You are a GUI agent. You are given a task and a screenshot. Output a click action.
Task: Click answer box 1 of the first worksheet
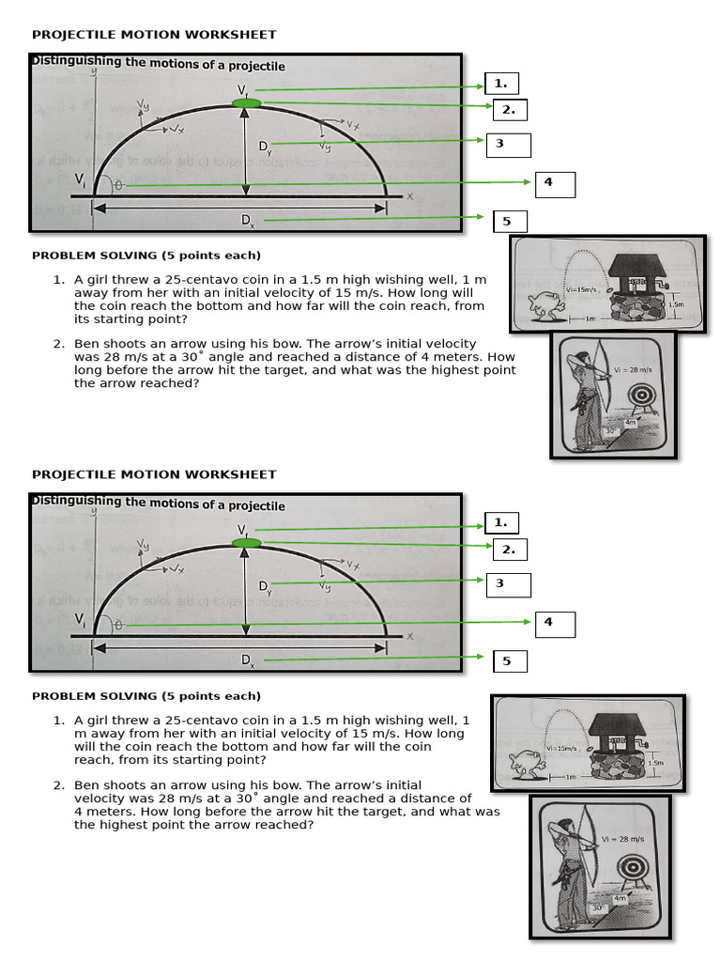(501, 83)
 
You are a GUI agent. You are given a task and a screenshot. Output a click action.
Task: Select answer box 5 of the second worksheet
(510, 661)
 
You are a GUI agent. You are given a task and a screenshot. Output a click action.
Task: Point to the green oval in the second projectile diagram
(246, 542)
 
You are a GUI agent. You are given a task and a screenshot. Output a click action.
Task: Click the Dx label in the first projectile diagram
(247, 221)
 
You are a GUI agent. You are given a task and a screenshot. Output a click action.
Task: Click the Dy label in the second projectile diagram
(266, 586)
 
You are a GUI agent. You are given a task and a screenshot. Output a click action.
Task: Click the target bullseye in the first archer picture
(643, 396)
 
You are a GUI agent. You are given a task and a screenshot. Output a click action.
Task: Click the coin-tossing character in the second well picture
(522, 766)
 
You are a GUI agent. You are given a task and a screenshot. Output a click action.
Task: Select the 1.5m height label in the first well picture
(675, 304)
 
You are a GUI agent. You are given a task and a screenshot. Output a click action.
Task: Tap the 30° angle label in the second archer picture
(597, 908)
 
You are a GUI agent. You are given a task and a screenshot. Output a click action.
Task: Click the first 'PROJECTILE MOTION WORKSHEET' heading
(154, 35)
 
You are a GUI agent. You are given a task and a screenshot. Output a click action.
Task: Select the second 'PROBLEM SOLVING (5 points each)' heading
(146, 696)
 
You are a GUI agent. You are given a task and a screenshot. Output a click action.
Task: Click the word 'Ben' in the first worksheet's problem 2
(87, 344)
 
